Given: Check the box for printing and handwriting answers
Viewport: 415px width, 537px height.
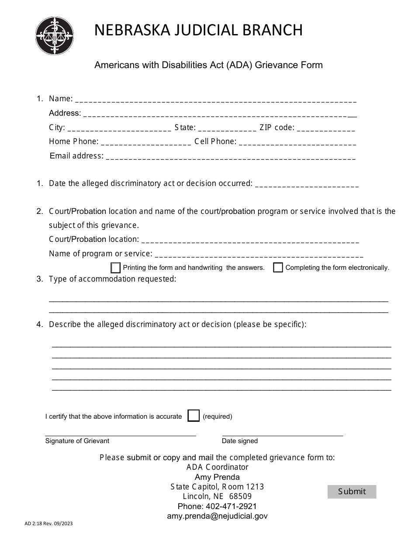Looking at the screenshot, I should (x=116, y=268).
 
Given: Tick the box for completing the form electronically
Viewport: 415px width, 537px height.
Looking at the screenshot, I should (x=278, y=268).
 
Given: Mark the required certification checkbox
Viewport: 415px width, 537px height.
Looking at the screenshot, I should (x=194, y=416).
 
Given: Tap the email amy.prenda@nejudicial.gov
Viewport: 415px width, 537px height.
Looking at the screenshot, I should (x=217, y=516).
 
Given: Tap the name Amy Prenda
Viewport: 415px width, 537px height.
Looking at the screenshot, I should (x=217, y=477).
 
